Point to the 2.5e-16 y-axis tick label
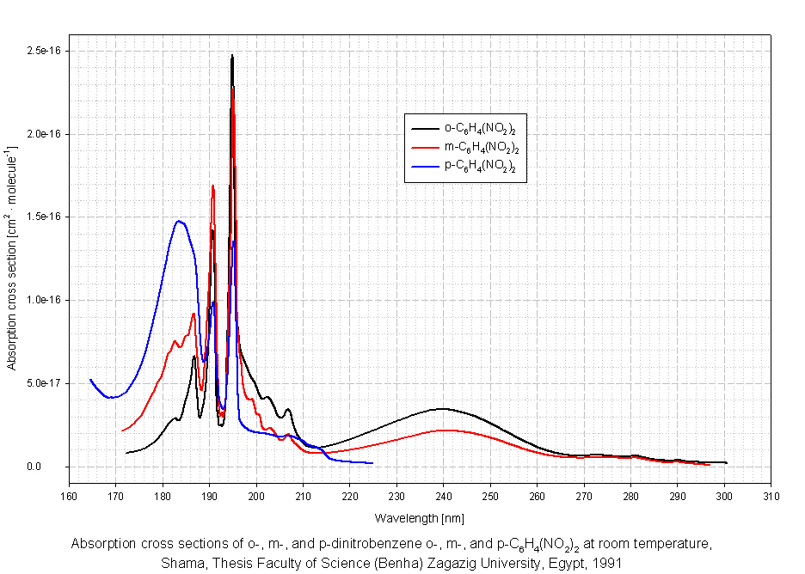tap(42, 52)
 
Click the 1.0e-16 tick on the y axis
tap(42, 300)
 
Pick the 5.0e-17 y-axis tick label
tap(42, 383)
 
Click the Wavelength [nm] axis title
tap(419, 519)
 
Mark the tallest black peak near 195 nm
tap(232, 57)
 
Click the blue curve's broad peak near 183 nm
tap(178, 222)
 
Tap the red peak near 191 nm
tap(212, 186)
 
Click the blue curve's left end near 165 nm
tap(90, 380)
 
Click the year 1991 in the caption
tap(607, 565)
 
